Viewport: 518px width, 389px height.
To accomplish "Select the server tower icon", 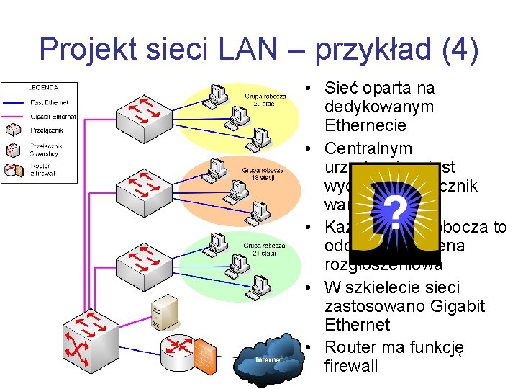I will coord(161,318).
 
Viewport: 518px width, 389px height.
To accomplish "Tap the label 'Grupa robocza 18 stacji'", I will coord(263,174).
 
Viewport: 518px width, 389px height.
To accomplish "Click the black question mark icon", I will coord(393,210).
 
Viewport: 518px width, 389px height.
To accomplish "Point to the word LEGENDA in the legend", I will coord(43,87).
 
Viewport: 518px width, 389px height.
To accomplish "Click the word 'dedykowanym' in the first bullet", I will coord(379,107).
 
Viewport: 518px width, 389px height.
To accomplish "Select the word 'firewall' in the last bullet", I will coord(351,366).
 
